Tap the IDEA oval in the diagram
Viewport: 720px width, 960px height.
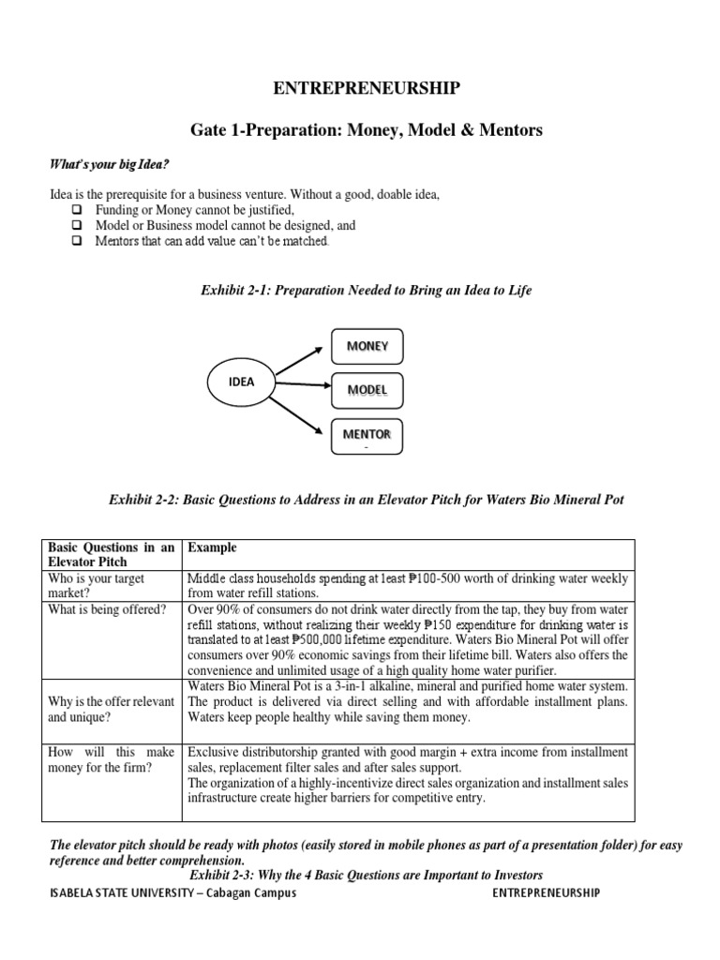pyautogui.click(x=241, y=382)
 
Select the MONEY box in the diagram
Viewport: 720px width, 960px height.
pyautogui.click(x=367, y=347)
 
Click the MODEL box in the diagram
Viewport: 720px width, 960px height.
pyautogui.click(x=367, y=389)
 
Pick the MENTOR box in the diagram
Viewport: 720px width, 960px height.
pyautogui.click(x=367, y=435)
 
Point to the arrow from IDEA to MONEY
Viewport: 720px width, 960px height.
pyautogui.click(x=299, y=360)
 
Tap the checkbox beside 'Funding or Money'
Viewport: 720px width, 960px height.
pyautogui.click(x=78, y=210)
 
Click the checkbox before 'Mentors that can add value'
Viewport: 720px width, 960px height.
pyautogui.click(x=78, y=241)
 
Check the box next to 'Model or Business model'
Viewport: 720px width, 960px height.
pyautogui.click(x=78, y=226)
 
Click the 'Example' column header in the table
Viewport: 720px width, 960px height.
pyautogui.click(x=212, y=547)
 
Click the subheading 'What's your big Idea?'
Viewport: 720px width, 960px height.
pyautogui.click(x=109, y=165)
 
